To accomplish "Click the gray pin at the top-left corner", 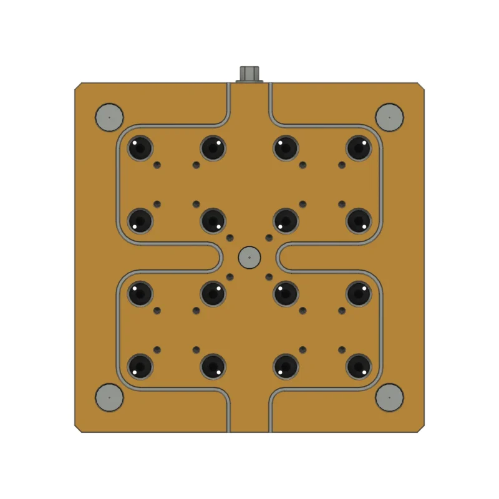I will [x=109, y=117].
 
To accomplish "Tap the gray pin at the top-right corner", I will [x=389, y=117].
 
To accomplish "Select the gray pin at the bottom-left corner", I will [x=109, y=397].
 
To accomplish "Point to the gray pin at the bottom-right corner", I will [x=389, y=397].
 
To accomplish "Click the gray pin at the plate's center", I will [x=249, y=256].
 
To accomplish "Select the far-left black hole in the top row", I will [x=140, y=148].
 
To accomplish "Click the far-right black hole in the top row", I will [x=359, y=148].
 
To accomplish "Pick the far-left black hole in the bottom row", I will [x=140, y=366].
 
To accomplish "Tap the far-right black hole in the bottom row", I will [x=359, y=366].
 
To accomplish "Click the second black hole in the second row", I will [x=213, y=220].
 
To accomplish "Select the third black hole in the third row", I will [x=286, y=293].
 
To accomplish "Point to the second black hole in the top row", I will [x=213, y=148].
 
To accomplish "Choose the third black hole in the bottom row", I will [x=286, y=366].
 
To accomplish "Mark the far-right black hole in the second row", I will [x=359, y=220].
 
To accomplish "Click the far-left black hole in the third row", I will [x=140, y=293].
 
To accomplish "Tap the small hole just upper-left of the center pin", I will [x=230, y=238].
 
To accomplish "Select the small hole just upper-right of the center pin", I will [x=269, y=238].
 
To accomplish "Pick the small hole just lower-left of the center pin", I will [x=230, y=276].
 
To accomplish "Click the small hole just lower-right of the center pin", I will [x=269, y=276].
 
